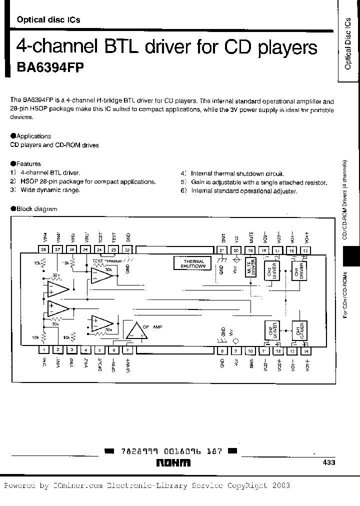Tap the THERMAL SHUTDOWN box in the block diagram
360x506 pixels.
click(193, 263)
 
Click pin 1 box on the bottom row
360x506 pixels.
click(44, 350)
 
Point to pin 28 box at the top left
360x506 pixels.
click(44, 249)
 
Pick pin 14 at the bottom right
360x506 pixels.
click(306, 350)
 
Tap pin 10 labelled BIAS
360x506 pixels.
click(250, 350)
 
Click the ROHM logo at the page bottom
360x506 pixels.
click(172, 463)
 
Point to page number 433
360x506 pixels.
click(329, 463)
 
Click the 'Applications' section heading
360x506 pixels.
click(33, 136)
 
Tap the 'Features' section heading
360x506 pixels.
click(28, 163)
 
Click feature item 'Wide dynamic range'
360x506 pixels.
click(50, 190)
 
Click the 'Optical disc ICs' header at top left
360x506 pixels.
click(48, 20)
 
